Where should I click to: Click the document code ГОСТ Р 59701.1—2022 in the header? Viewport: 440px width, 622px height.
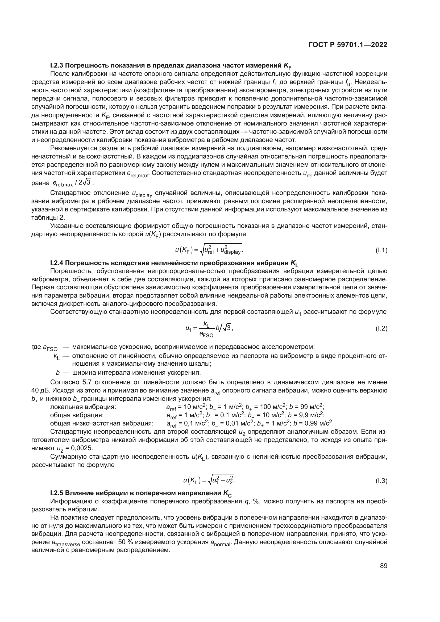(x=348, y=45)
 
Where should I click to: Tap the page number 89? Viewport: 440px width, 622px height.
(x=383, y=566)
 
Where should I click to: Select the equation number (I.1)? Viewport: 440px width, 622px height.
(x=381, y=251)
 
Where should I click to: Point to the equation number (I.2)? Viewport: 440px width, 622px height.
(x=381, y=329)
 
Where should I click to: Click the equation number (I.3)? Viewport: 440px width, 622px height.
(x=381, y=481)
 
